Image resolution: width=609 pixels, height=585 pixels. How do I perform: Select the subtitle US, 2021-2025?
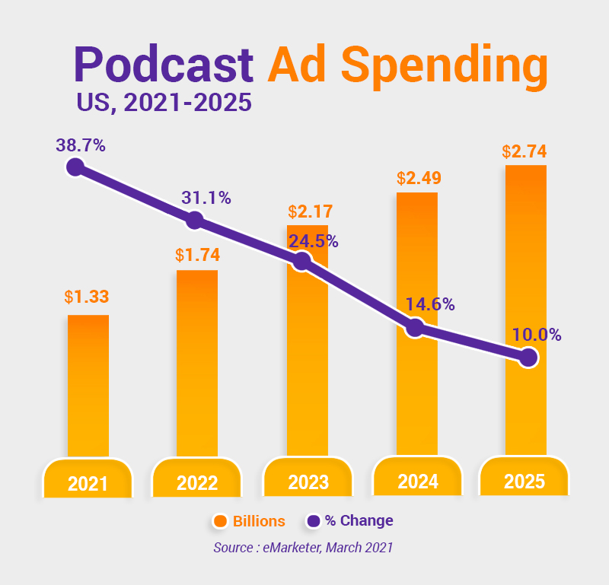(164, 102)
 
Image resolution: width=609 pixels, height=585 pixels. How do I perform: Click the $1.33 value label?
(88, 297)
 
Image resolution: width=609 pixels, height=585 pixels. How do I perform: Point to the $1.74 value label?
(197, 254)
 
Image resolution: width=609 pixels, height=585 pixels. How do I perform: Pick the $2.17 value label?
(310, 211)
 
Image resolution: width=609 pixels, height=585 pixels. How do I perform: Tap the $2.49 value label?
(419, 178)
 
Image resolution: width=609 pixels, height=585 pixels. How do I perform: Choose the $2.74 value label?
(525, 151)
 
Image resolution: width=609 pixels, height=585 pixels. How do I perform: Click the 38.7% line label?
(80, 145)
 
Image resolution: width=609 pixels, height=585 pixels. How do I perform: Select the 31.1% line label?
(206, 198)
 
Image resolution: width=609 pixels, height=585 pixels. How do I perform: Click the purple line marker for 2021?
(75, 167)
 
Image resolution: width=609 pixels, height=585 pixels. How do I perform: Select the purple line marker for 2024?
(415, 328)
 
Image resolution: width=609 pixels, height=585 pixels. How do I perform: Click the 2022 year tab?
(197, 482)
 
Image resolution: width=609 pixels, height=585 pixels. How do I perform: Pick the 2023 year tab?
(308, 482)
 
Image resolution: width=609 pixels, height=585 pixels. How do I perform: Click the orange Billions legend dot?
(221, 521)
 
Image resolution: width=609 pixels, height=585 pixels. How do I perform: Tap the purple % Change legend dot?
(313, 521)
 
